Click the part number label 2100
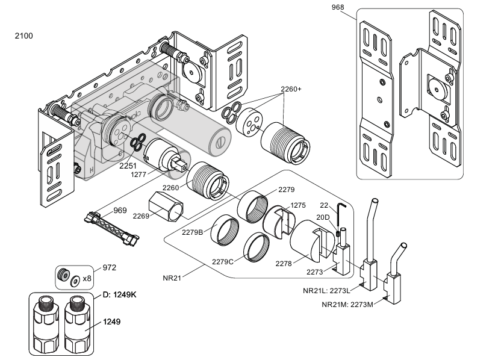point(23,36)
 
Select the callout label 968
point(339,7)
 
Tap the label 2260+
point(291,88)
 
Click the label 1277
point(140,175)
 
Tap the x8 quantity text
point(87,278)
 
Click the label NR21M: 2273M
point(348,304)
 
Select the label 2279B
point(191,232)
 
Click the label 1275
point(299,205)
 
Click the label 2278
point(284,263)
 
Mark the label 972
point(109,267)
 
